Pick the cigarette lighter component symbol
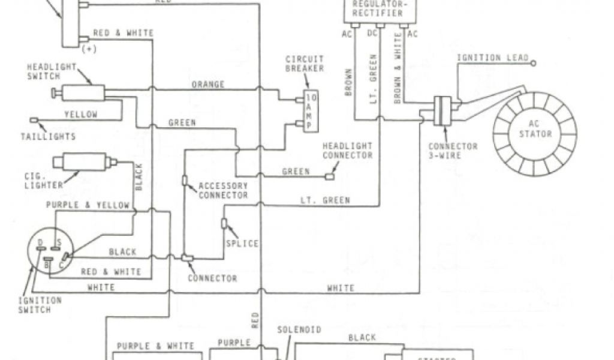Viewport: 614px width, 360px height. click(82, 161)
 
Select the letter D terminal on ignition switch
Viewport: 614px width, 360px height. click(40, 242)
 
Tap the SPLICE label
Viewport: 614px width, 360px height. click(242, 243)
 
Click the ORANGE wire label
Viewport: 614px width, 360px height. click(208, 84)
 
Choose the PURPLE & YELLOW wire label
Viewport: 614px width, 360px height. click(88, 205)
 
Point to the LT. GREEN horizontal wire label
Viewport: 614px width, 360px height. click(325, 200)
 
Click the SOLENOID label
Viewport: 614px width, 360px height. click(299, 330)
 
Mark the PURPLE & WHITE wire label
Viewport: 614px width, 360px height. click(155, 346)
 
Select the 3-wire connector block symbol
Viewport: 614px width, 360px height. click(443, 112)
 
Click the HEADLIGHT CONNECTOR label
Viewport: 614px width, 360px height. click(348, 151)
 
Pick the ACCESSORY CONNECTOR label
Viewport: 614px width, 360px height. click(223, 191)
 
